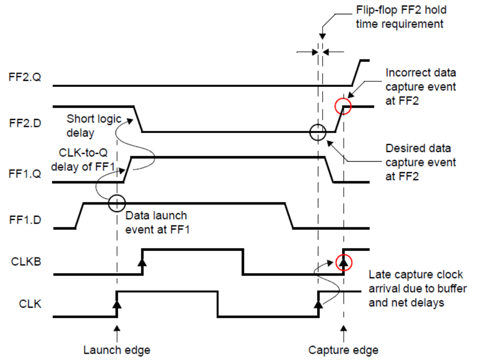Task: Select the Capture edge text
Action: [x=343, y=350]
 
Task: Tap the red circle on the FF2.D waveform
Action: [x=343, y=107]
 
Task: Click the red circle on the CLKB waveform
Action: [x=343, y=263]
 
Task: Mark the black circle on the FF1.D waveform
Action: [x=117, y=202]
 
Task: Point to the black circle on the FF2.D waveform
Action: [x=318, y=132]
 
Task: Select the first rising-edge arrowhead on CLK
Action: [x=117, y=303]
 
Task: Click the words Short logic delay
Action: [x=94, y=126]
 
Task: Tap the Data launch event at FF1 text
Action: [x=156, y=222]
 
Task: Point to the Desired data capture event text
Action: [x=420, y=162]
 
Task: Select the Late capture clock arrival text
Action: [x=416, y=288]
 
